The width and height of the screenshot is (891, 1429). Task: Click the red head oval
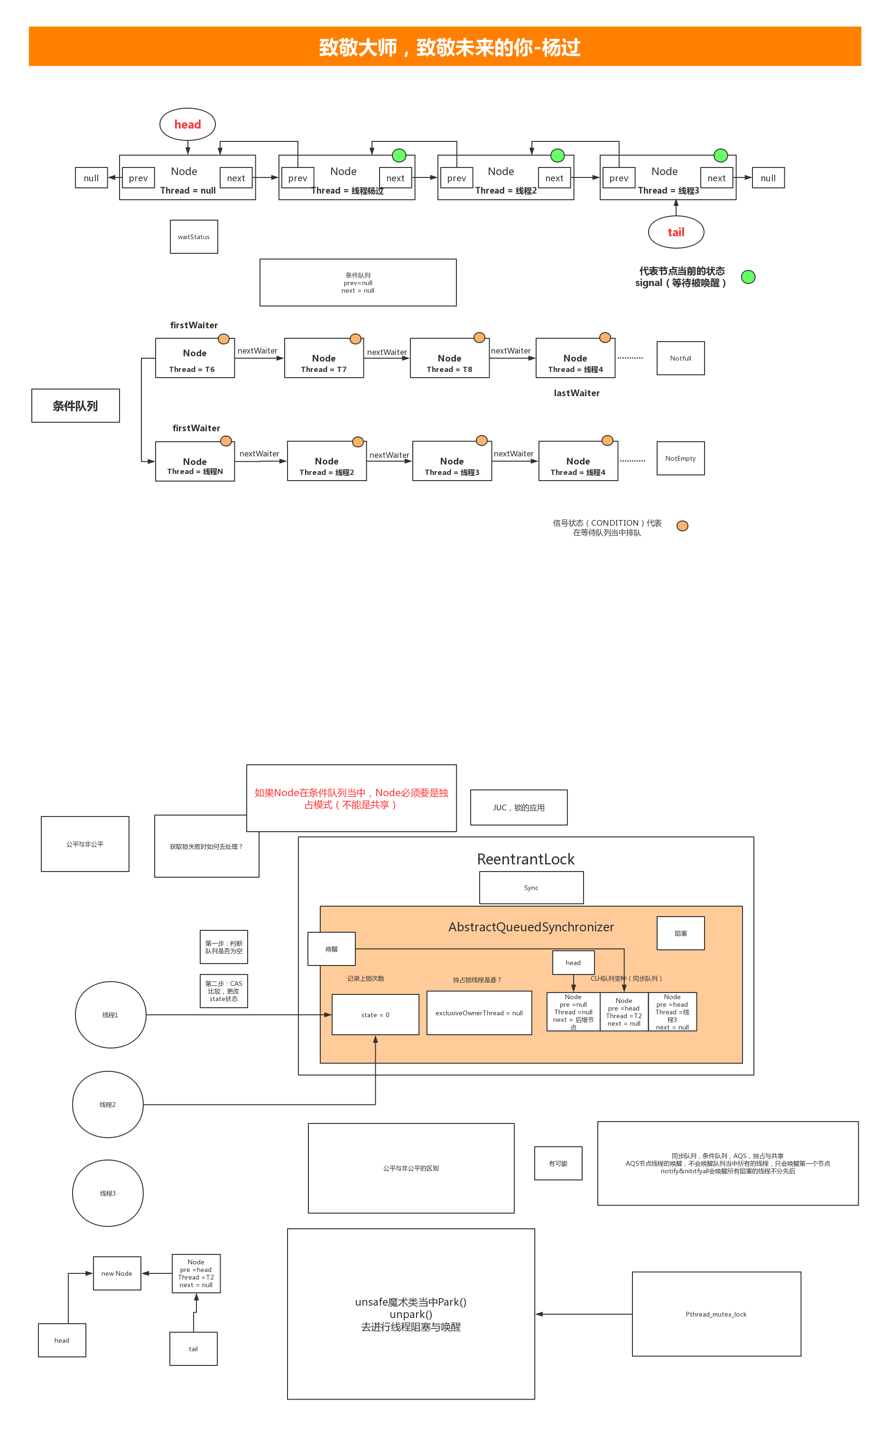point(187,124)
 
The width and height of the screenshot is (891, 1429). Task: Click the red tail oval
point(676,232)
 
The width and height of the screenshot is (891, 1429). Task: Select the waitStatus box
point(194,237)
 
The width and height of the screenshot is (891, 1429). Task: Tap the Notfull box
point(681,358)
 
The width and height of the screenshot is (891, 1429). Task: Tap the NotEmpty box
point(681,458)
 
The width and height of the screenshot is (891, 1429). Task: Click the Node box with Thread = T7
point(324,358)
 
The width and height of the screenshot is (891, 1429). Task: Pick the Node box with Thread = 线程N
point(195,462)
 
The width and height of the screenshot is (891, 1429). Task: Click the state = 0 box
point(375,1015)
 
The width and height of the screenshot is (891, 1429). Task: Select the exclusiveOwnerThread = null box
point(479,1013)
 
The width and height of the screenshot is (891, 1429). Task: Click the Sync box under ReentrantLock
point(531,888)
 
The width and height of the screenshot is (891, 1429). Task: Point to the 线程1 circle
point(110,1015)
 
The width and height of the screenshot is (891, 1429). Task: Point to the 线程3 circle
point(108,1193)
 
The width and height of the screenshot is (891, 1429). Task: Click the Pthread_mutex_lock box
point(716,1314)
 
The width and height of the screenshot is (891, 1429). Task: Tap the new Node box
point(117,1273)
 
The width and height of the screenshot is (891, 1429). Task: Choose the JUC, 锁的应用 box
point(519,807)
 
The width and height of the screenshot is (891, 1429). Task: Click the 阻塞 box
point(681,933)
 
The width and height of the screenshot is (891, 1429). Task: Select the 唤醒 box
point(332,949)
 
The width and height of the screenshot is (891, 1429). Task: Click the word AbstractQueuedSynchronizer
point(531,927)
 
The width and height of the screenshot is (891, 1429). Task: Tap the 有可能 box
point(558,1163)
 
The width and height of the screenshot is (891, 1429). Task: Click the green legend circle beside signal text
point(748,277)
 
